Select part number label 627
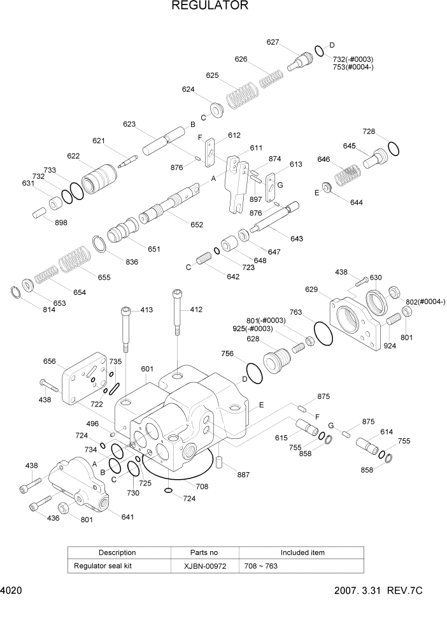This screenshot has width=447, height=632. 273,42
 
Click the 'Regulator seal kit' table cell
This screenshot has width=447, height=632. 104,565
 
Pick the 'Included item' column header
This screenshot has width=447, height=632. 302,552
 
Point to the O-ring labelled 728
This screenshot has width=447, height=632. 394,148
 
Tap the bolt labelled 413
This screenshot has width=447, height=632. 127,328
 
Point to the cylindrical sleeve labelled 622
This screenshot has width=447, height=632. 100,175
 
